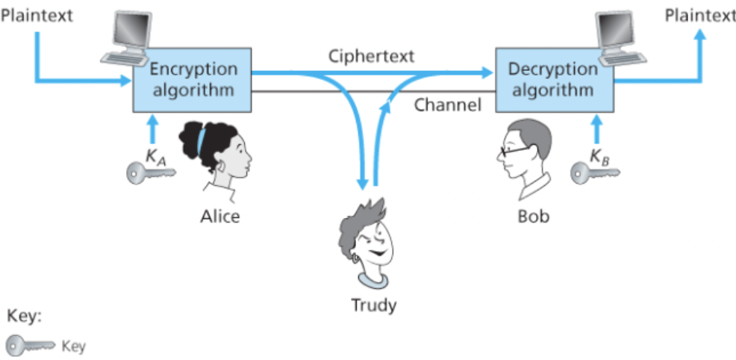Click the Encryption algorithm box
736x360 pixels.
[193, 80]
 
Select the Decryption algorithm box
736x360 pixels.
[553, 80]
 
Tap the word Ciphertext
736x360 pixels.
[371, 57]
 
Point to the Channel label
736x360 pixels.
[447, 105]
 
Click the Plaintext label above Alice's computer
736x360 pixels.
[37, 15]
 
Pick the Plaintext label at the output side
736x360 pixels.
[699, 15]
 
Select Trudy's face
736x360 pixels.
[371, 239]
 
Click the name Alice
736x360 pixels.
[220, 217]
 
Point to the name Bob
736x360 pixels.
[533, 217]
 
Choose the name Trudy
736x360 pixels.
[374, 305]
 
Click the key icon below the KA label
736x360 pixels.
[150, 173]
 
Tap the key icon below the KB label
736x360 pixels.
[594, 173]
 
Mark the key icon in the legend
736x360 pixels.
[30, 345]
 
